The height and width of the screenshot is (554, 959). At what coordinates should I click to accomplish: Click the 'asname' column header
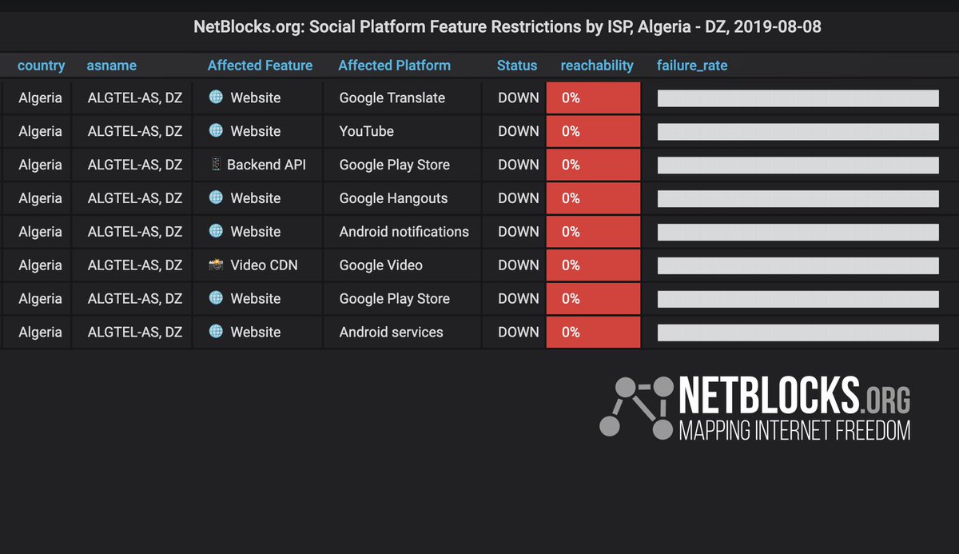click(111, 66)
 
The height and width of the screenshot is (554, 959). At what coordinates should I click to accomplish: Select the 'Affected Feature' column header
click(260, 66)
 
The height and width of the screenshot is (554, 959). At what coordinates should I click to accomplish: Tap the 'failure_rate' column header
click(692, 66)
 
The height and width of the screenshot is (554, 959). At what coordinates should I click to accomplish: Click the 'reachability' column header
click(597, 66)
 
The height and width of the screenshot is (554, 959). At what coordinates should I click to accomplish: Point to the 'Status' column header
click(517, 66)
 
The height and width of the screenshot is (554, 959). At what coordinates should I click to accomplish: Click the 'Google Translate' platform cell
click(392, 98)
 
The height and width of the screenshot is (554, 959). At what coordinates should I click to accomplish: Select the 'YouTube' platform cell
click(366, 131)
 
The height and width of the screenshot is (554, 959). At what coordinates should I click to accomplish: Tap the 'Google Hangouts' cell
click(393, 198)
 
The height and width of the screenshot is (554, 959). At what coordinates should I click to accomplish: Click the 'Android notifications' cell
click(404, 232)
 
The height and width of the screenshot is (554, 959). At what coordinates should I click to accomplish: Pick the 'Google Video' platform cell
click(380, 265)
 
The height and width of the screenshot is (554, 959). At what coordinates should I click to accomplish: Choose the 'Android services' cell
click(391, 332)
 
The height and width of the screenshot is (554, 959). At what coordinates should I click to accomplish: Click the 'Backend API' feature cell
click(266, 165)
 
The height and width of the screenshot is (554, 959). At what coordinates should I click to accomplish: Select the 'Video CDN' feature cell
click(264, 265)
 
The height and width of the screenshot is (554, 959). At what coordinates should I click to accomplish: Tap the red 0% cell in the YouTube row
click(593, 131)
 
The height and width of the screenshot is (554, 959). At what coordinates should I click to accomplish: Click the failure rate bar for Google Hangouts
click(798, 198)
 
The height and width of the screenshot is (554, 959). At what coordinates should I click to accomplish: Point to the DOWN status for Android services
click(518, 332)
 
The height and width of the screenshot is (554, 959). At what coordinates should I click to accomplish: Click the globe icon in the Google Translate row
click(216, 97)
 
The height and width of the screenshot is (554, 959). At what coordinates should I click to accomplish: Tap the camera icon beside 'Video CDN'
click(216, 265)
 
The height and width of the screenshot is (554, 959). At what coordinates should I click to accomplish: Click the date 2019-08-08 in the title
click(778, 27)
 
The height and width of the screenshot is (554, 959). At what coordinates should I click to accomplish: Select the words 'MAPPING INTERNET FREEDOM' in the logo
click(794, 431)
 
